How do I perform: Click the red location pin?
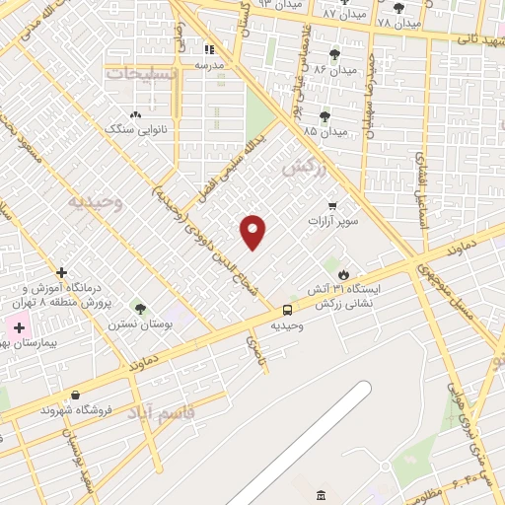(x=253, y=232)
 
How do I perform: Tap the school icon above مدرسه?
(x=208, y=49)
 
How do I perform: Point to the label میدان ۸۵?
(x=325, y=131)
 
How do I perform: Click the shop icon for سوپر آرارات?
(x=332, y=206)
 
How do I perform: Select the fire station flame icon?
(x=343, y=274)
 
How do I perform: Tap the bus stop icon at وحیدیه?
(x=288, y=309)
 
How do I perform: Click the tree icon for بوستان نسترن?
(x=140, y=308)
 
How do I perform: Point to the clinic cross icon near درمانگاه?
(x=61, y=271)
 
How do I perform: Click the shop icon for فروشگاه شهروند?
(x=75, y=396)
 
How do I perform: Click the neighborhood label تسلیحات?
(x=142, y=73)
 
